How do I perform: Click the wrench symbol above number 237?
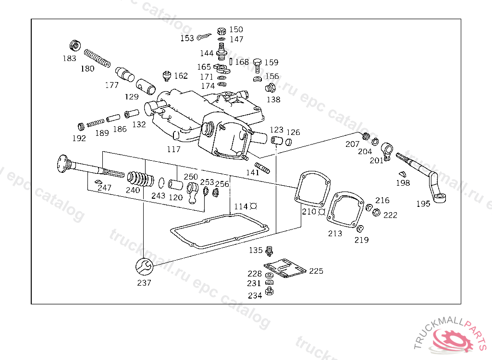tap(144, 267)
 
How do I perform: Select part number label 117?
tap(173, 149)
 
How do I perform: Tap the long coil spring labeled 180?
tap(97, 58)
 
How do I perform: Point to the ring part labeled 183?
tap(75, 46)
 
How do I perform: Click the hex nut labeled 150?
tap(221, 31)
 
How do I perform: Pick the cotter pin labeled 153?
tap(204, 36)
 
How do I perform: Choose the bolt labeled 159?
tap(258, 65)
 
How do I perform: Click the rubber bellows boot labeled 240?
tap(141, 179)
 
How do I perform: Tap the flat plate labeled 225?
tap(285, 268)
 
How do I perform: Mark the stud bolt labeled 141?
tap(262, 168)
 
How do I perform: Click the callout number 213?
tap(335, 233)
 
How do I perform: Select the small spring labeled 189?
tap(96, 122)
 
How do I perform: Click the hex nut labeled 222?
tap(376, 213)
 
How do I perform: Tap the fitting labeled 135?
tap(269, 251)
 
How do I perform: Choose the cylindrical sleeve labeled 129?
tap(146, 86)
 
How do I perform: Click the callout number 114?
tap(241, 206)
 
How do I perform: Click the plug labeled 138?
tap(270, 88)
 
